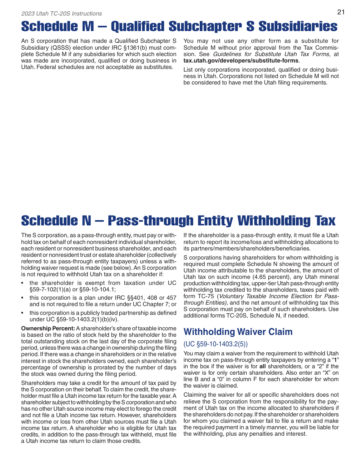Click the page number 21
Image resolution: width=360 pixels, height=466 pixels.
pos(341,12)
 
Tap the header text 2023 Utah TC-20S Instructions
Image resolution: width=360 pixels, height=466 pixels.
pos(61,14)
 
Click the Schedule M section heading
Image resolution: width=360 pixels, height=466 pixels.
pos(179,27)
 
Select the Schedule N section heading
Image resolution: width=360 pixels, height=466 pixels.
pos(178,220)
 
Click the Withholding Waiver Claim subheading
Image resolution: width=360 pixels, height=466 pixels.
pos(238,332)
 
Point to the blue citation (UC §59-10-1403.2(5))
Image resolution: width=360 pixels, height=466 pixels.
pos(215,344)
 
